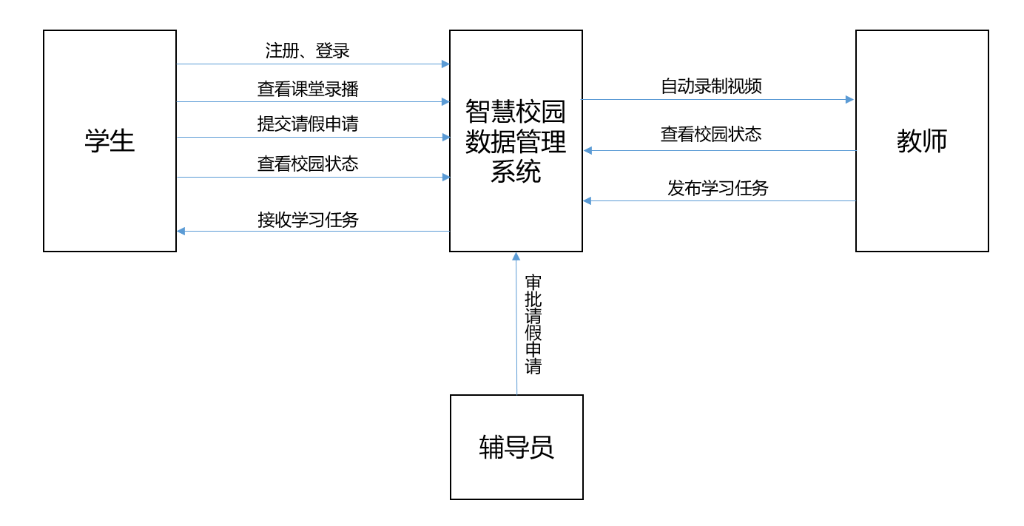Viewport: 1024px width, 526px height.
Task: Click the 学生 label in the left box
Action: coord(110,141)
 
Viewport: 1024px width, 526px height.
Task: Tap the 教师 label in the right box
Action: coord(922,141)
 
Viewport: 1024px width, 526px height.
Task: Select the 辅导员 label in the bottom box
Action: coord(516,448)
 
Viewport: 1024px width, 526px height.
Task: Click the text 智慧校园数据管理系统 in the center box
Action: coord(516,141)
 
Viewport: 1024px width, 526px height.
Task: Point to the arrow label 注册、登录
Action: coord(308,51)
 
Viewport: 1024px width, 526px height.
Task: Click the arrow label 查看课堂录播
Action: coord(308,89)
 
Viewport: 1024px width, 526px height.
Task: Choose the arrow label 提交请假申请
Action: coord(308,124)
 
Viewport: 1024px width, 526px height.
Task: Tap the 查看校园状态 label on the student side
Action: coord(308,163)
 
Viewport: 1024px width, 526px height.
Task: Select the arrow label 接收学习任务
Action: coord(308,220)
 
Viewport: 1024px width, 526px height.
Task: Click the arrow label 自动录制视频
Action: coord(711,87)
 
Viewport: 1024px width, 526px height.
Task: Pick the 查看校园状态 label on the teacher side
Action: coord(711,135)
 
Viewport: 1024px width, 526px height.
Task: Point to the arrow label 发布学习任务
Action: coord(718,188)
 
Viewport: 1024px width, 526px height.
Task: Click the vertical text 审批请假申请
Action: coord(533,325)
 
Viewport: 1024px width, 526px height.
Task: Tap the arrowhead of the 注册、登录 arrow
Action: coord(445,64)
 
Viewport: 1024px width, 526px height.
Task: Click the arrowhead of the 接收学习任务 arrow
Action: coord(181,232)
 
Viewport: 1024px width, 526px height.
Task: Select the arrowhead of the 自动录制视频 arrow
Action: coord(849,99)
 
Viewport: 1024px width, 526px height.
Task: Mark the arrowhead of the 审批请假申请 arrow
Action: coord(516,257)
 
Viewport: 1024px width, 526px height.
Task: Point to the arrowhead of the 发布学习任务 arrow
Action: coord(587,200)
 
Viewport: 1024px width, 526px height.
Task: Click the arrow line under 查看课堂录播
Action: coord(311,102)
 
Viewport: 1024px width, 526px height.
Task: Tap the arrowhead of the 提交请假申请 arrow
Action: coord(445,137)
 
